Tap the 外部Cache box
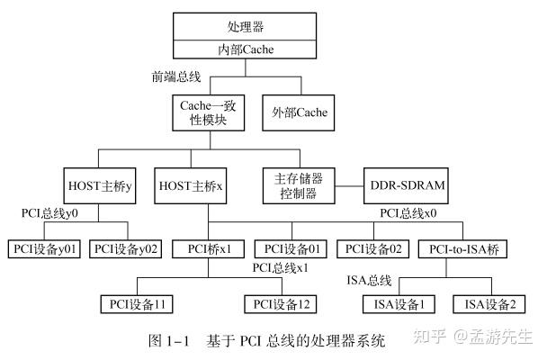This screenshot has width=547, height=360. [x=299, y=113]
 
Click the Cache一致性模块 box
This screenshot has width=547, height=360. [x=211, y=113]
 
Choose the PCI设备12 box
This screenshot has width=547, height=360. [x=279, y=303]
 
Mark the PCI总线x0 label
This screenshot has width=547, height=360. [x=407, y=215]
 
